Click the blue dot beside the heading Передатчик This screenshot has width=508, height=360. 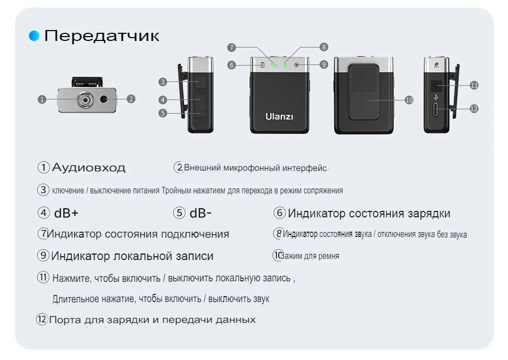pos(34,36)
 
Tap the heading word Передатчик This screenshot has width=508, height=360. pos(102,36)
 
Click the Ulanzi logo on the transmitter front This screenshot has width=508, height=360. pos(279,116)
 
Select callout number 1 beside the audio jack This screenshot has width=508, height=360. pos(42,99)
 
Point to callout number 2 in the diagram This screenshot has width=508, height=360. pos(131,99)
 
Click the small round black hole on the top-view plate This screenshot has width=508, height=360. pos(104,99)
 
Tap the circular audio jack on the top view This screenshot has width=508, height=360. pos(85,100)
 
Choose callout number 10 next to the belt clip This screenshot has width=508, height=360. pos(409,100)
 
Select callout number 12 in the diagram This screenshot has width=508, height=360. pos(474,109)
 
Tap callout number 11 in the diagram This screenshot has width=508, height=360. pos(474,85)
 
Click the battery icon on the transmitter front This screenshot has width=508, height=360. pos(262,65)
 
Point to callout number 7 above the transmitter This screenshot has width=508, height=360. pos(231,48)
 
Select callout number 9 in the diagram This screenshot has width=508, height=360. pos(324,64)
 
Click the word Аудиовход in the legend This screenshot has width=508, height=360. pos(88,168)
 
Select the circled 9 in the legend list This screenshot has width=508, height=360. pos(43,255)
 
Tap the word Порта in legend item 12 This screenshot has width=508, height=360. pos(65,320)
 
